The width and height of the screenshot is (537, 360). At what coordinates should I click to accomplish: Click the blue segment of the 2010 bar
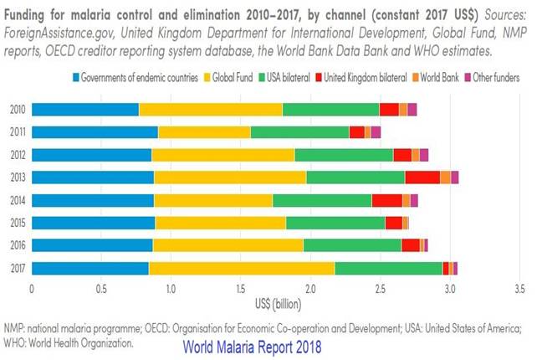(84, 109)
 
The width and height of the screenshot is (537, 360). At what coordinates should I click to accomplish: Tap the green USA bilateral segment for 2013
(355, 177)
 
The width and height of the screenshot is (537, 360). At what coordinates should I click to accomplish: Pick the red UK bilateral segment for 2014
(386, 199)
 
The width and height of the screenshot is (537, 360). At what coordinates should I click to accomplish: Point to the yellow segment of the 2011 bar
(204, 131)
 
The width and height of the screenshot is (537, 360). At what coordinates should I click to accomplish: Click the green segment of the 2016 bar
(352, 244)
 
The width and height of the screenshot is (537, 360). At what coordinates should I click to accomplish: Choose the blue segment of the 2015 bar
(93, 222)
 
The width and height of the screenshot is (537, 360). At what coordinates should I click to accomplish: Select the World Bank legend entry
(440, 78)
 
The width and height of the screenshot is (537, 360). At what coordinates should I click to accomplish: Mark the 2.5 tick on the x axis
(380, 289)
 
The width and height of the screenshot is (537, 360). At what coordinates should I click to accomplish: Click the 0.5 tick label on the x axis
(100, 289)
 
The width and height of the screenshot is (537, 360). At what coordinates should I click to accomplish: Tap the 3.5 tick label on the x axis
(519, 289)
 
